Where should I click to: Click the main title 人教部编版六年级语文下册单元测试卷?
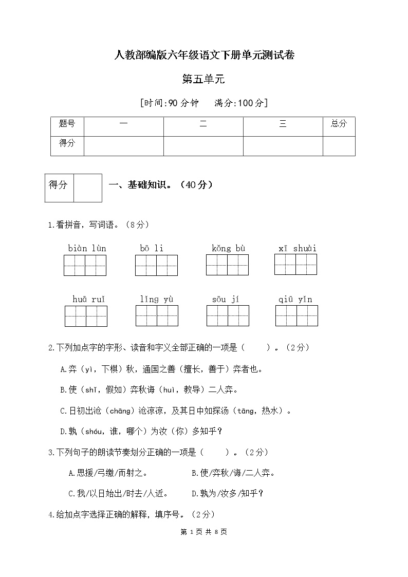(x=204, y=55)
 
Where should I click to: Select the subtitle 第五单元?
(x=204, y=79)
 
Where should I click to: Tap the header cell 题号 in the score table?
(x=67, y=124)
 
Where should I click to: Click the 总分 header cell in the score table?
(x=339, y=124)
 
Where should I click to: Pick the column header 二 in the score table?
(x=203, y=124)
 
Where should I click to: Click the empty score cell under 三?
(x=283, y=145)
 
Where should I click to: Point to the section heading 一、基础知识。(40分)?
(x=160, y=185)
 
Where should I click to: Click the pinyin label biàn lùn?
(x=87, y=249)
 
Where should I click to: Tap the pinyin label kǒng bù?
(x=229, y=249)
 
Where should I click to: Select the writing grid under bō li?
(x=157, y=265)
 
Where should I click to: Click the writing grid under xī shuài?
(x=295, y=264)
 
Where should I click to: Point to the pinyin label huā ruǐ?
(x=89, y=300)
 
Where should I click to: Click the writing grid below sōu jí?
(x=228, y=315)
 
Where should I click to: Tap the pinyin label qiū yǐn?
(x=295, y=300)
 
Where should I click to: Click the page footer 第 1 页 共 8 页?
(x=204, y=532)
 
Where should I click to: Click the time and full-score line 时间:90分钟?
(x=204, y=103)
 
